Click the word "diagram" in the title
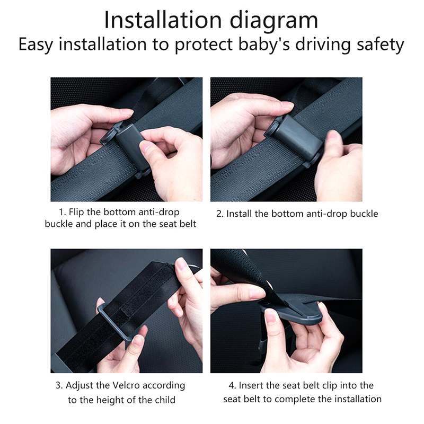click(x=273, y=21)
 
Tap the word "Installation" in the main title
click(x=163, y=20)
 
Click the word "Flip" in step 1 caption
click(x=76, y=213)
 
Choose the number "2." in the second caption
click(x=220, y=214)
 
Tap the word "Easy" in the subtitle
click(x=35, y=45)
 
